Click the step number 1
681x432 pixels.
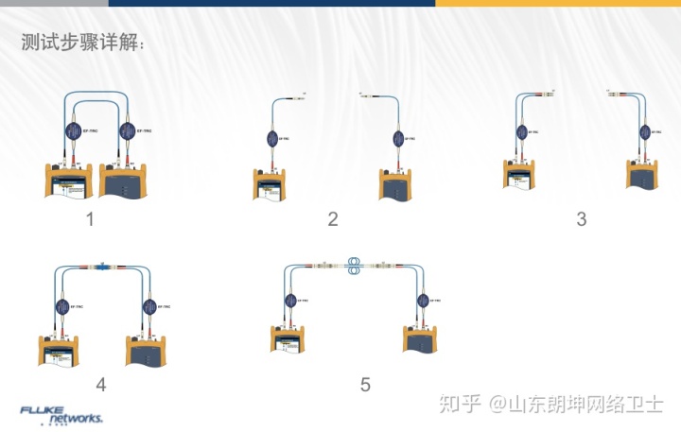(x=90, y=220)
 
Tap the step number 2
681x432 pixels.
(x=333, y=220)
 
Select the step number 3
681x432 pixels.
(x=582, y=219)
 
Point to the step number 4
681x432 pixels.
(x=101, y=384)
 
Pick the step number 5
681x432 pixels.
(x=365, y=384)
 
